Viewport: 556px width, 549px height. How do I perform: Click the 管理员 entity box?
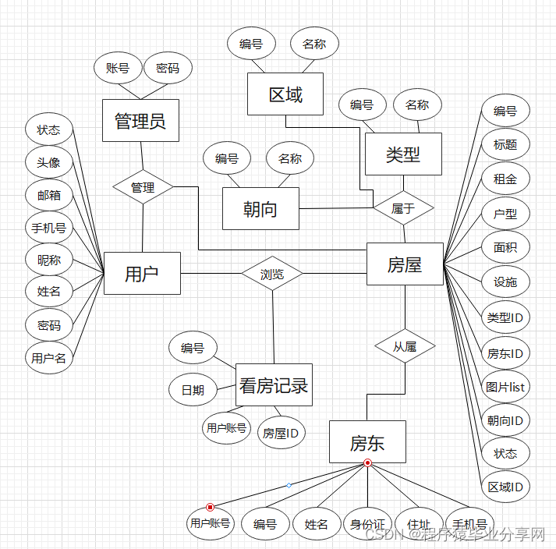(140, 120)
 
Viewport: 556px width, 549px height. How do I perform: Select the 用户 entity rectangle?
(142, 273)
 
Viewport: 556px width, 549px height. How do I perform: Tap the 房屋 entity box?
(405, 264)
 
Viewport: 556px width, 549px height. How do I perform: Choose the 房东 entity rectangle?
(367, 443)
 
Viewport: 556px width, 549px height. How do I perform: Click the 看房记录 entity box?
(274, 384)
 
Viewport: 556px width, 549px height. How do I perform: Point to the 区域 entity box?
(285, 95)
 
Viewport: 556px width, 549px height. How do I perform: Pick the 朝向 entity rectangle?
(260, 208)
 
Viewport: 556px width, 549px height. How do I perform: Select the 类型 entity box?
(403, 154)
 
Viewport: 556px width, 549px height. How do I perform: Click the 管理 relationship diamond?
(143, 187)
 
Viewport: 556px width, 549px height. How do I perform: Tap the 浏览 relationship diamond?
(271, 274)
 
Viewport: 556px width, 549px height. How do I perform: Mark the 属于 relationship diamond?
(402, 207)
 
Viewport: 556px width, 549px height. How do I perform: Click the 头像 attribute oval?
(48, 162)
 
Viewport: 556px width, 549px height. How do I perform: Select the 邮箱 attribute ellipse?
(48, 195)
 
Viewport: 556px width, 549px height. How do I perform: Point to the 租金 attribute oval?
(505, 179)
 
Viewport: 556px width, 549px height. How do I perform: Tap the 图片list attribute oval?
(505, 386)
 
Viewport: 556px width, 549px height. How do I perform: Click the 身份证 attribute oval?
(368, 524)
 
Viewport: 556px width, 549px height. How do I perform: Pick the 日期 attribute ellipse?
(193, 390)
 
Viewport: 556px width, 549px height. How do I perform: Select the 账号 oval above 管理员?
(118, 69)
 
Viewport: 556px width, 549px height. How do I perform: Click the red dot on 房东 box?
(367, 463)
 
